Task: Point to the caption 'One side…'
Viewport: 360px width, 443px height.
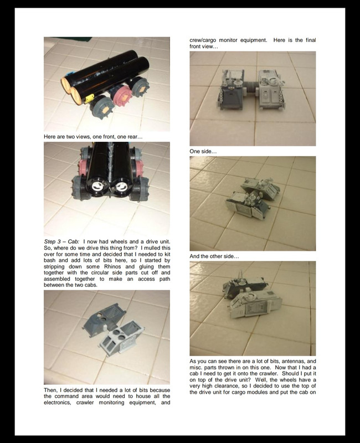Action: point(203,151)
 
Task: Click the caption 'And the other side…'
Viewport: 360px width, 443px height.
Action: point(214,256)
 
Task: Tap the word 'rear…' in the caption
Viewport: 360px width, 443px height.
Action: point(135,137)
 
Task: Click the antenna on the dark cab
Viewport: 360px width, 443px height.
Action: point(241,275)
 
